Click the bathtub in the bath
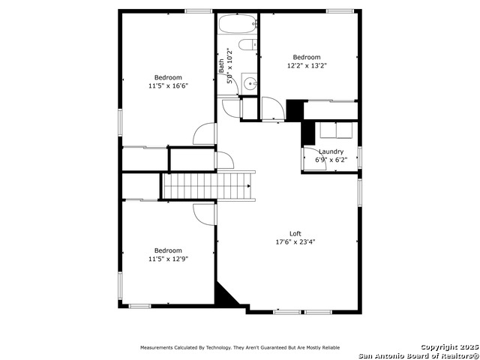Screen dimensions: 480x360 pos(238,24)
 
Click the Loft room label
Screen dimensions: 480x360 pos(295,233)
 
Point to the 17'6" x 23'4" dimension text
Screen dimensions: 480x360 pos(295,241)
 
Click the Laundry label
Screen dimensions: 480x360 pos(331,151)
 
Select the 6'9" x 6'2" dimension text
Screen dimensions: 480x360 pos(331,160)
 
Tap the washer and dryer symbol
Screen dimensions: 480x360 pos(337,130)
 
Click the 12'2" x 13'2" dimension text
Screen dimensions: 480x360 pos(307,65)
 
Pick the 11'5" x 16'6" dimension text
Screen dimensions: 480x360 pos(168,85)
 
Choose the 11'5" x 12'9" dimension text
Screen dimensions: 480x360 pos(168,259)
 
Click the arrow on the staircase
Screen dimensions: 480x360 pos(249,186)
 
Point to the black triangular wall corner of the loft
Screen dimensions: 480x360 pos(225,295)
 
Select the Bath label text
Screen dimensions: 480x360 pos(221,66)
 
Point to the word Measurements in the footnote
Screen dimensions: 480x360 pos(157,348)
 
